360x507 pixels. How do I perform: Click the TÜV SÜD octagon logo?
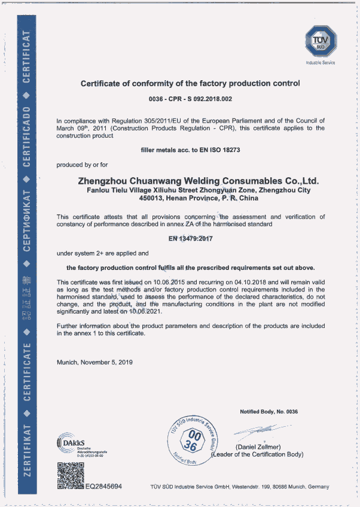pyautogui.click(x=321, y=41)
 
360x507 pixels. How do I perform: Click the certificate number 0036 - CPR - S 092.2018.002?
pyautogui.click(x=190, y=98)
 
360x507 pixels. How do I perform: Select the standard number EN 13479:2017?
pyautogui.click(x=191, y=239)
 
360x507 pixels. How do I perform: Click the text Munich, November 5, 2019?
pyautogui.click(x=94, y=362)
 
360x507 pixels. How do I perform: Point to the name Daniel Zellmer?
pyautogui.click(x=258, y=447)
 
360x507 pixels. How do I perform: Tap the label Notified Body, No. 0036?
pyautogui.click(x=269, y=412)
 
